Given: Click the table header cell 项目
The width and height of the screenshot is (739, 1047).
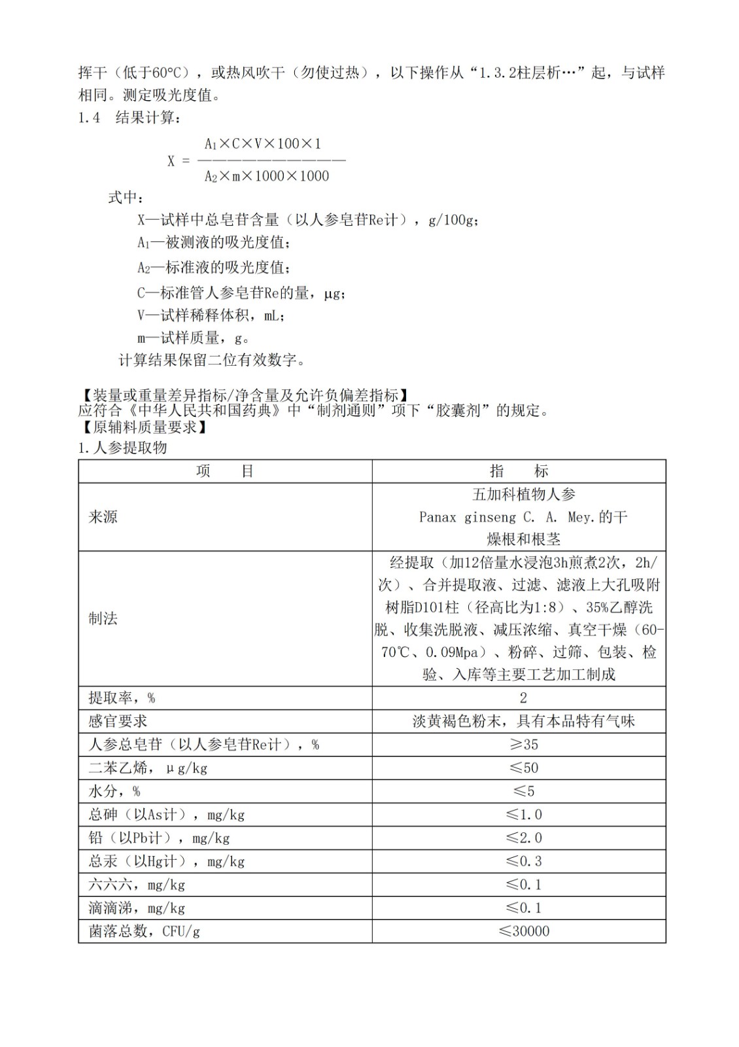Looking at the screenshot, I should coord(225,471).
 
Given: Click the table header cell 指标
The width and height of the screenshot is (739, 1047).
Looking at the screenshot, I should coord(519,471).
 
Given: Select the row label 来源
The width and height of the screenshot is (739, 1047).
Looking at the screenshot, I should coord(103,517).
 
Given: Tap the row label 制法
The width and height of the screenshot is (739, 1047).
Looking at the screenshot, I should coord(103,618).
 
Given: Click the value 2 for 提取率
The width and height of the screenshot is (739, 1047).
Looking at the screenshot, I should coord(523,698).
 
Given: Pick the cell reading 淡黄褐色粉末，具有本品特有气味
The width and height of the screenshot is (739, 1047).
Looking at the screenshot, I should coord(523,721).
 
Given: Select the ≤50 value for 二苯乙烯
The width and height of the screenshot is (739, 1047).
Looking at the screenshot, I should coord(523,768).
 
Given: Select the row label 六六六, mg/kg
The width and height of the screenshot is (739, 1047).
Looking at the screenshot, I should coord(137,885).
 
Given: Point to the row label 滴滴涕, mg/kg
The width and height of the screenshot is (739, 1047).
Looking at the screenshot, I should coord(137,908).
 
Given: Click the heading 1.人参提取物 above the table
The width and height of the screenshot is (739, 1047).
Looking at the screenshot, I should coord(122,448).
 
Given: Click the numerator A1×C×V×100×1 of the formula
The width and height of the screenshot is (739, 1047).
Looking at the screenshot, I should coord(263,144).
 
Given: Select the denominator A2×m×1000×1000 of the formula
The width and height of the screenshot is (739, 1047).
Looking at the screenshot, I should coord(267,176).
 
